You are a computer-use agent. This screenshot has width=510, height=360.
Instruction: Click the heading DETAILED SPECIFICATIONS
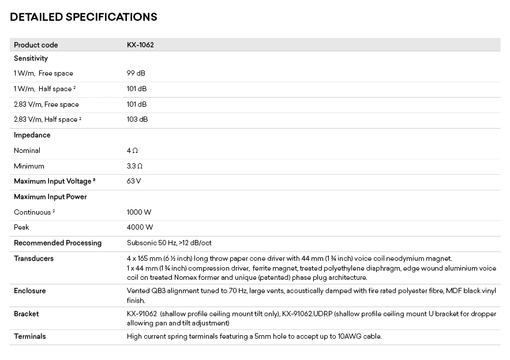click(83, 17)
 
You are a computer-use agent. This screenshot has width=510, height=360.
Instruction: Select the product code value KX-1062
click(140, 45)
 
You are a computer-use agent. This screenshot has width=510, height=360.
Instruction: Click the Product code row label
click(36, 45)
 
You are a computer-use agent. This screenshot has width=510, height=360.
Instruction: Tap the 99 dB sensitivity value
click(136, 73)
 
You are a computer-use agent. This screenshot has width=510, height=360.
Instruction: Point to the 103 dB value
click(137, 119)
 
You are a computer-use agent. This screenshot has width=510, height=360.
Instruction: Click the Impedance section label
click(32, 135)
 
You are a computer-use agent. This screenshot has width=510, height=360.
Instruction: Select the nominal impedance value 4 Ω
click(132, 151)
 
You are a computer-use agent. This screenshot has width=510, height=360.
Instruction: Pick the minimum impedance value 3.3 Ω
click(134, 166)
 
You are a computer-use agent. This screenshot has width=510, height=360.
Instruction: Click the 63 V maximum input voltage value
click(134, 181)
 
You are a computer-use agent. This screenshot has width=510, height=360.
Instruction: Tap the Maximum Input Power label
click(50, 197)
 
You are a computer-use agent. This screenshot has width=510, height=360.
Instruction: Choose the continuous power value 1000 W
click(139, 212)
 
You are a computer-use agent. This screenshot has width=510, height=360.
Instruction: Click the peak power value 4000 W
click(140, 227)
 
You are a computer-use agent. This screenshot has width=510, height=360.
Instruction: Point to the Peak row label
click(21, 227)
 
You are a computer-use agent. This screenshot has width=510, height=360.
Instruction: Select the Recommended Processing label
click(58, 243)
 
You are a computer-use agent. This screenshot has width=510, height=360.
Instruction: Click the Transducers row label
click(33, 258)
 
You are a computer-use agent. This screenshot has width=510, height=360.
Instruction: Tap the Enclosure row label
click(29, 291)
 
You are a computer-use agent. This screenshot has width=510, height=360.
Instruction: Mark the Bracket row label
click(27, 314)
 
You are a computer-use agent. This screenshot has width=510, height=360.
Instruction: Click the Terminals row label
click(30, 336)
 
